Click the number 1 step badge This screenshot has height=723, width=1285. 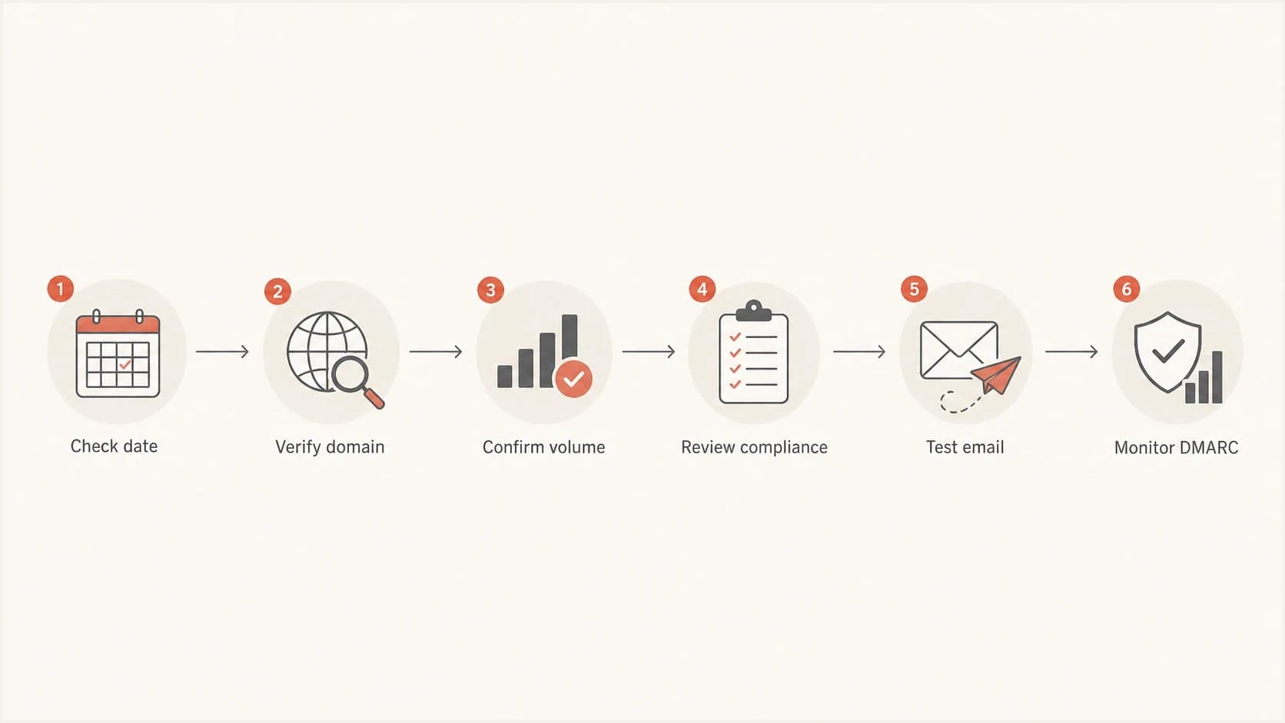60,288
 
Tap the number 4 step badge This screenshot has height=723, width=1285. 702,289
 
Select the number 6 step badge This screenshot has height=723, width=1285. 1127,289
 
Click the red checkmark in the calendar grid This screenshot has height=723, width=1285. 125,364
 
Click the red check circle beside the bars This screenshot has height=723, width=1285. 573,379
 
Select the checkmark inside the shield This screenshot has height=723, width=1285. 1168,350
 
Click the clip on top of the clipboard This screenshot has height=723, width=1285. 753,310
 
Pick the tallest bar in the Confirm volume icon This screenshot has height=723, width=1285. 569,337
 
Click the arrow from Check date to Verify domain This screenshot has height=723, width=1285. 223,351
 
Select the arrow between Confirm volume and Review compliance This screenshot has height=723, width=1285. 649,351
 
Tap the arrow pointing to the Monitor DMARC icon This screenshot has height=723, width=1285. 1071,351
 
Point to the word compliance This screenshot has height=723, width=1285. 784,448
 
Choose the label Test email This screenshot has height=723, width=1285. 965,447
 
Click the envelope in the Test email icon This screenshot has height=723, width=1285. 958,350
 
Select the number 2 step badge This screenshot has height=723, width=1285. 277,291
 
